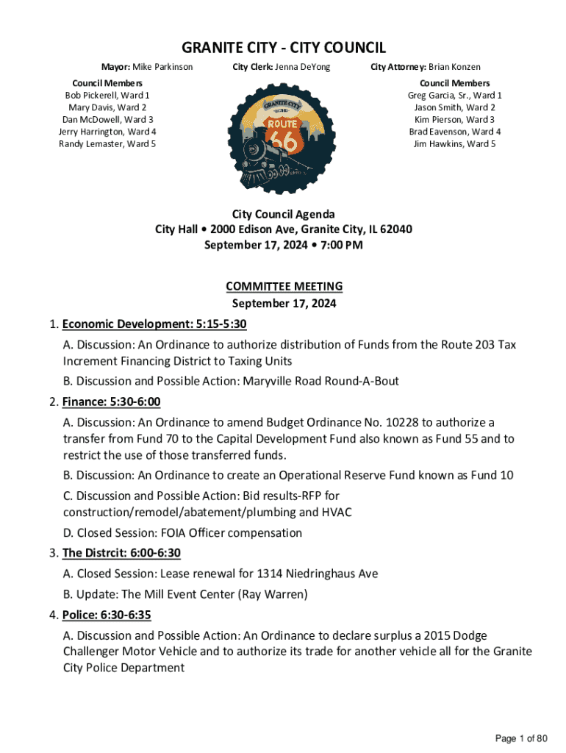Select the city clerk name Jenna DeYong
click(x=303, y=68)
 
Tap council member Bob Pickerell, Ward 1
click(x=107, y=96)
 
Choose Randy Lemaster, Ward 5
click(x=107, y=143)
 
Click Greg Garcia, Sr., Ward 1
click(x=454, y=96)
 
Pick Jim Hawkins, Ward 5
click(x=454, y=143)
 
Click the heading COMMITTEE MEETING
click(x=284, y=286)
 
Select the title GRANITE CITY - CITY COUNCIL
click(x=284, y=49)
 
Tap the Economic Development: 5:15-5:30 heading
click(x=160, y=324)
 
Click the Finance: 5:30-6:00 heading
click(x=111, y=402)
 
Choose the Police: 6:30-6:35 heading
click(x=107, y=614)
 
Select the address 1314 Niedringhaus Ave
click(x=321, y=574)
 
